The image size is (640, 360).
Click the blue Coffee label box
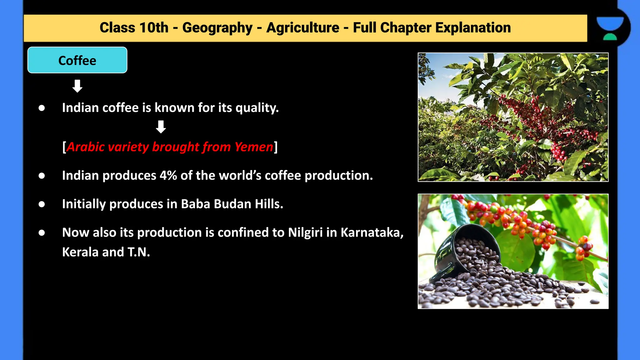[77, 60]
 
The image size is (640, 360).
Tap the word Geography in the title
[217, 28]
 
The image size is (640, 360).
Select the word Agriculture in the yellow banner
[302, 28]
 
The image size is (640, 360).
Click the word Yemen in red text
[254, 147]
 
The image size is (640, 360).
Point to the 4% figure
[168, 176]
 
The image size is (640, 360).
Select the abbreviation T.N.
[138, 252]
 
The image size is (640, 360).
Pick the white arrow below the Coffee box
[77, 86]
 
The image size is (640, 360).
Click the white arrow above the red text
[161, 127]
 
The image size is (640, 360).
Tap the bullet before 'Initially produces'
[42, 204]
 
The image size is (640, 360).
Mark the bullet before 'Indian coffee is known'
[42, 108]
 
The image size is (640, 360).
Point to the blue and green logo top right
[610, 28]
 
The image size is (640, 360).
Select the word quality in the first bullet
[256, 108]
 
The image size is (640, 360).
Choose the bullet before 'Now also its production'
[42, 233]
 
